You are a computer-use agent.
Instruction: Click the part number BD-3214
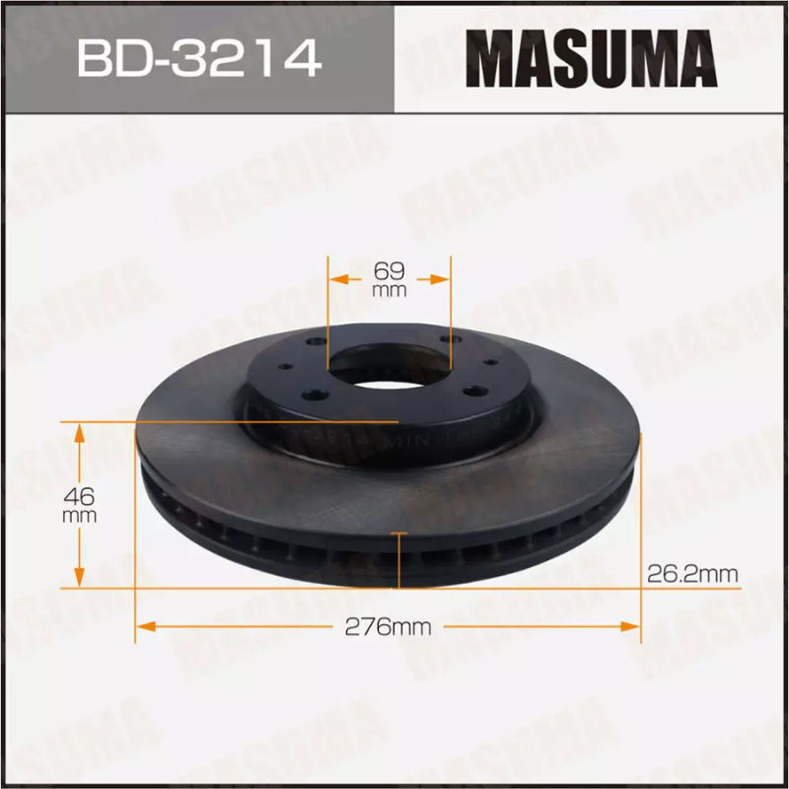pyautogui.click(x=198, y=57)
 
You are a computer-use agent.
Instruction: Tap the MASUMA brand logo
pyautogui.click(x=591, y=56)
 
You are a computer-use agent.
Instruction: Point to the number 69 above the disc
pyautogui.click(x=390, y=267)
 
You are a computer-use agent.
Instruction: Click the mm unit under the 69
pyautogui.click(x=390, y=291)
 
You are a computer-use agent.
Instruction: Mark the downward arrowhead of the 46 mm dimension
pyautogui.click(x=80, y=580)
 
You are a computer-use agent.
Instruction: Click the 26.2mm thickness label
pyautogui.click(x=692, y=572)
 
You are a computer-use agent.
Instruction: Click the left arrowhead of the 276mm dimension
pyautogui.click(x=144, y=625)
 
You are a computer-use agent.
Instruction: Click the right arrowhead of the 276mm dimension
pyautogui.click(x=632, y=625)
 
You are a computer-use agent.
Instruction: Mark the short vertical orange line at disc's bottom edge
pyautogui.click(x=397, y=558)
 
